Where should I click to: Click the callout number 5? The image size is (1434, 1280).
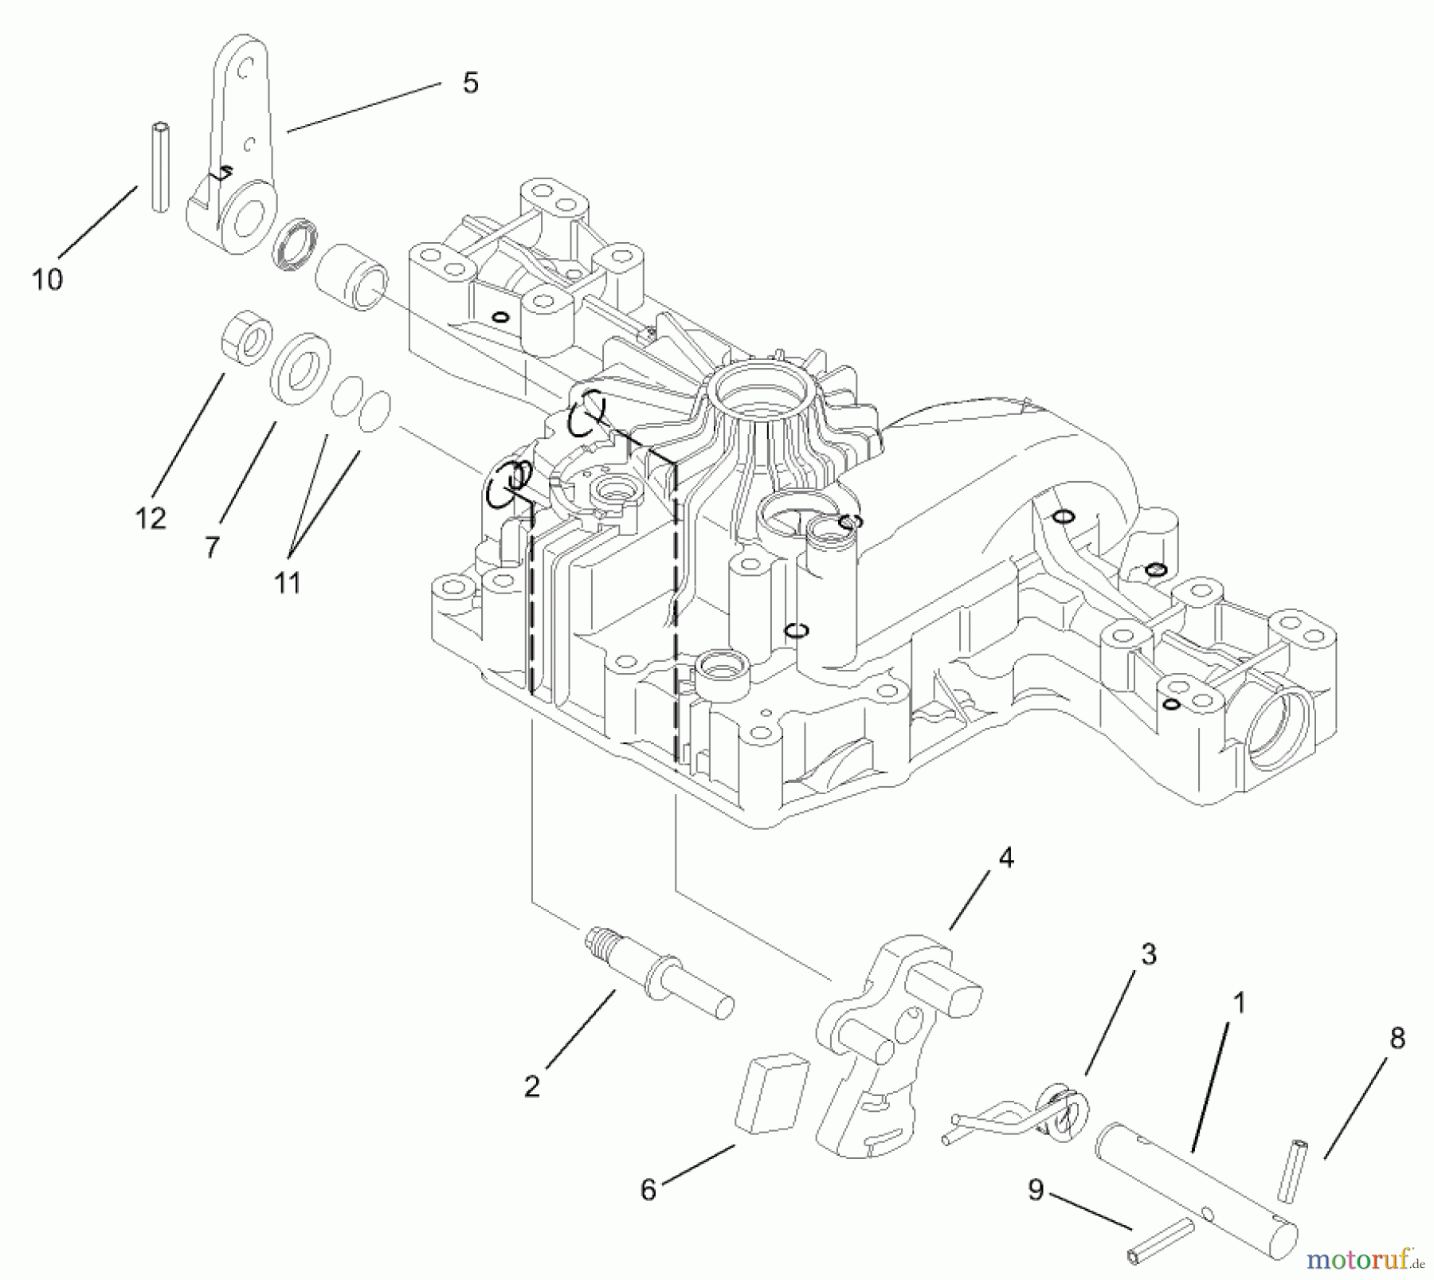click(x=470, y=83)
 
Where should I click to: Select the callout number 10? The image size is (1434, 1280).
click(x=47, y=280)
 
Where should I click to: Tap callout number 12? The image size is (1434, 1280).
click(x=151, y=519)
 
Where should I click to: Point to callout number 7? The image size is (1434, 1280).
click(x=211, y=547)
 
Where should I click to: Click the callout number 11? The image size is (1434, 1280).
click(x=287, y=583)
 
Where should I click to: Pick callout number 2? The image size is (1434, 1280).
click(x=532, y=1086)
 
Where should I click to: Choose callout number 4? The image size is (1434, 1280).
click(x=1005, y=858)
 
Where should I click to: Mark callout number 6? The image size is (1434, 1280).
click(x=648, y=1190)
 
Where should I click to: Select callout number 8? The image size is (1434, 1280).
click(x=1397, y=1038)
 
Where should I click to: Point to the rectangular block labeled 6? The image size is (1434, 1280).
click(x=770, y=1093)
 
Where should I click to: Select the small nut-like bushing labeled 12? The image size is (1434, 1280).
click(x=246, y=339)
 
